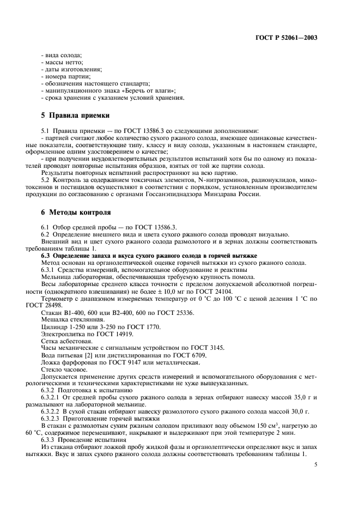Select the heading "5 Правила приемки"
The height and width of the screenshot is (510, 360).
click(76, 116)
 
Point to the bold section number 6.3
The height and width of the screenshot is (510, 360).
click(48, 256)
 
